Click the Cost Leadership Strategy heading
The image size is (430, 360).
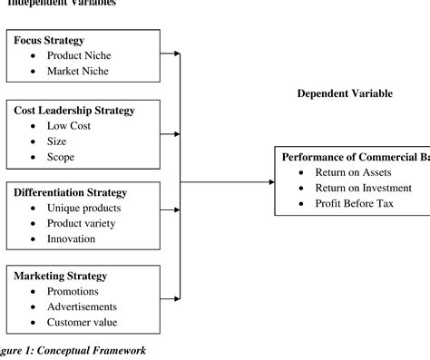(74, 111)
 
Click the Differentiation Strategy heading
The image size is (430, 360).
(71, 193)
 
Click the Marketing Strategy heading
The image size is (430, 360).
(61, 276)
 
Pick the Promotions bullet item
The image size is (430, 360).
(77, 291)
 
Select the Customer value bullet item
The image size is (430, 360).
(83, 322)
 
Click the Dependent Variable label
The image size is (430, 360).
(345, 93)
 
